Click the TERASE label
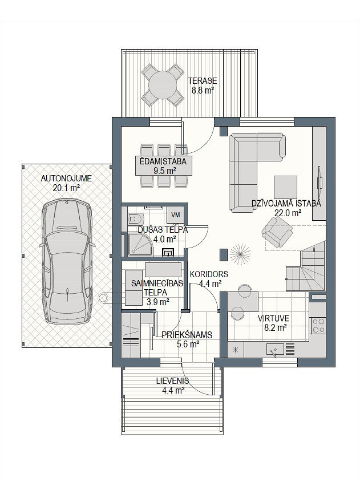tap(203, 81)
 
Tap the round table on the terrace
tap(163, 85)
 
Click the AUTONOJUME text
tap(66, 179)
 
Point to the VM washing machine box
tap(176, 215)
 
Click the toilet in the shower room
tap(135, 218)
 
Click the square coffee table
tap(285, 188)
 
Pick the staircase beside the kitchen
tap(305, 267)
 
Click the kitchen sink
tap(275, 349)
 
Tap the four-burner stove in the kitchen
tap(318, 325)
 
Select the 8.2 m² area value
tap(273, 328)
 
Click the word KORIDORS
tap(209, 274)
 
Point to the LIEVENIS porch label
tap(172, 381)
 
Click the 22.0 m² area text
tap(288, 213)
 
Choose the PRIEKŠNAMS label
tap(187, 335)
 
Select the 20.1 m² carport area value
tap(66, 188)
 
